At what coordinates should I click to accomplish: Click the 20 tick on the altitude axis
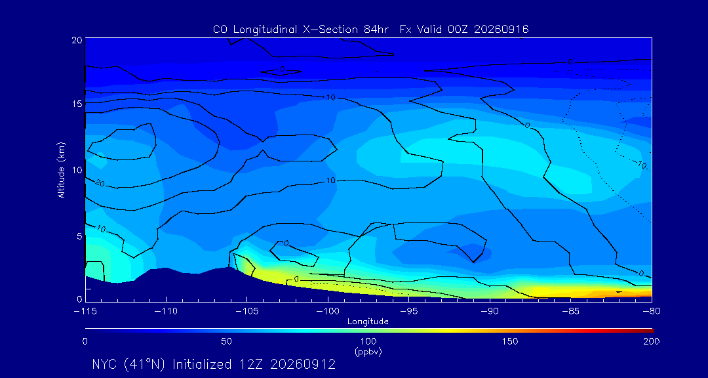click(x=76, y=39)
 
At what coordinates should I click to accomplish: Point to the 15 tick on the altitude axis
click(x=76, y=104)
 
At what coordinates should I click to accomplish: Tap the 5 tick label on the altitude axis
click(x=79, y=236)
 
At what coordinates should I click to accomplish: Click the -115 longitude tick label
click(x=85, y=312)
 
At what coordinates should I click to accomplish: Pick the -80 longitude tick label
click(x=652, y=312)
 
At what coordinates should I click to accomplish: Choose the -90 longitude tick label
click(x=490, y=312)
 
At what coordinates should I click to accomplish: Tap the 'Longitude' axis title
click(x=368, y=322)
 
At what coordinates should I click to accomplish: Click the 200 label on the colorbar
click(x=652, y=341)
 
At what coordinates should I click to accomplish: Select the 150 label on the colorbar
click(x=510, y=341)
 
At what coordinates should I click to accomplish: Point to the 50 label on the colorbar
click(x=226, y=341)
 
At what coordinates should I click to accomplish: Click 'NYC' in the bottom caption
click(x=104, y=364)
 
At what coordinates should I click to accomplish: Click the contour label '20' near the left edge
click(x=100, y=183)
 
